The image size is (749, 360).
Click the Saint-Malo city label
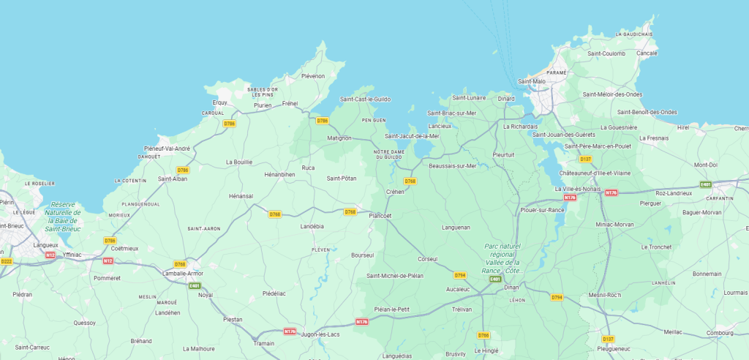(532, 81)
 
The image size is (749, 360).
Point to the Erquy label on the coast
(220, 102)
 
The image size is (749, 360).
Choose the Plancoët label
(380, 216)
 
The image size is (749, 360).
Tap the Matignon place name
(339, 138)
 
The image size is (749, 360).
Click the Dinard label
(506, 98)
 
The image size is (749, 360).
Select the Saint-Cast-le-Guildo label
(365, 99)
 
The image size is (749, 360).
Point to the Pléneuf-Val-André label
(168, 149)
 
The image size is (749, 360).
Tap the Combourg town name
(720, 333)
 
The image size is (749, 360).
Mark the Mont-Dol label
(705, 165)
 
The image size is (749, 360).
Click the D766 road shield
(483, 335)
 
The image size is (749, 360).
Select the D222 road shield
(7, 261)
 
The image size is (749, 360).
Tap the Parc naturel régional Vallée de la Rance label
(501, 259)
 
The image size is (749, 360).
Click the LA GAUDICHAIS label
(633, 34)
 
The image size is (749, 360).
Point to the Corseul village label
(427, 259)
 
